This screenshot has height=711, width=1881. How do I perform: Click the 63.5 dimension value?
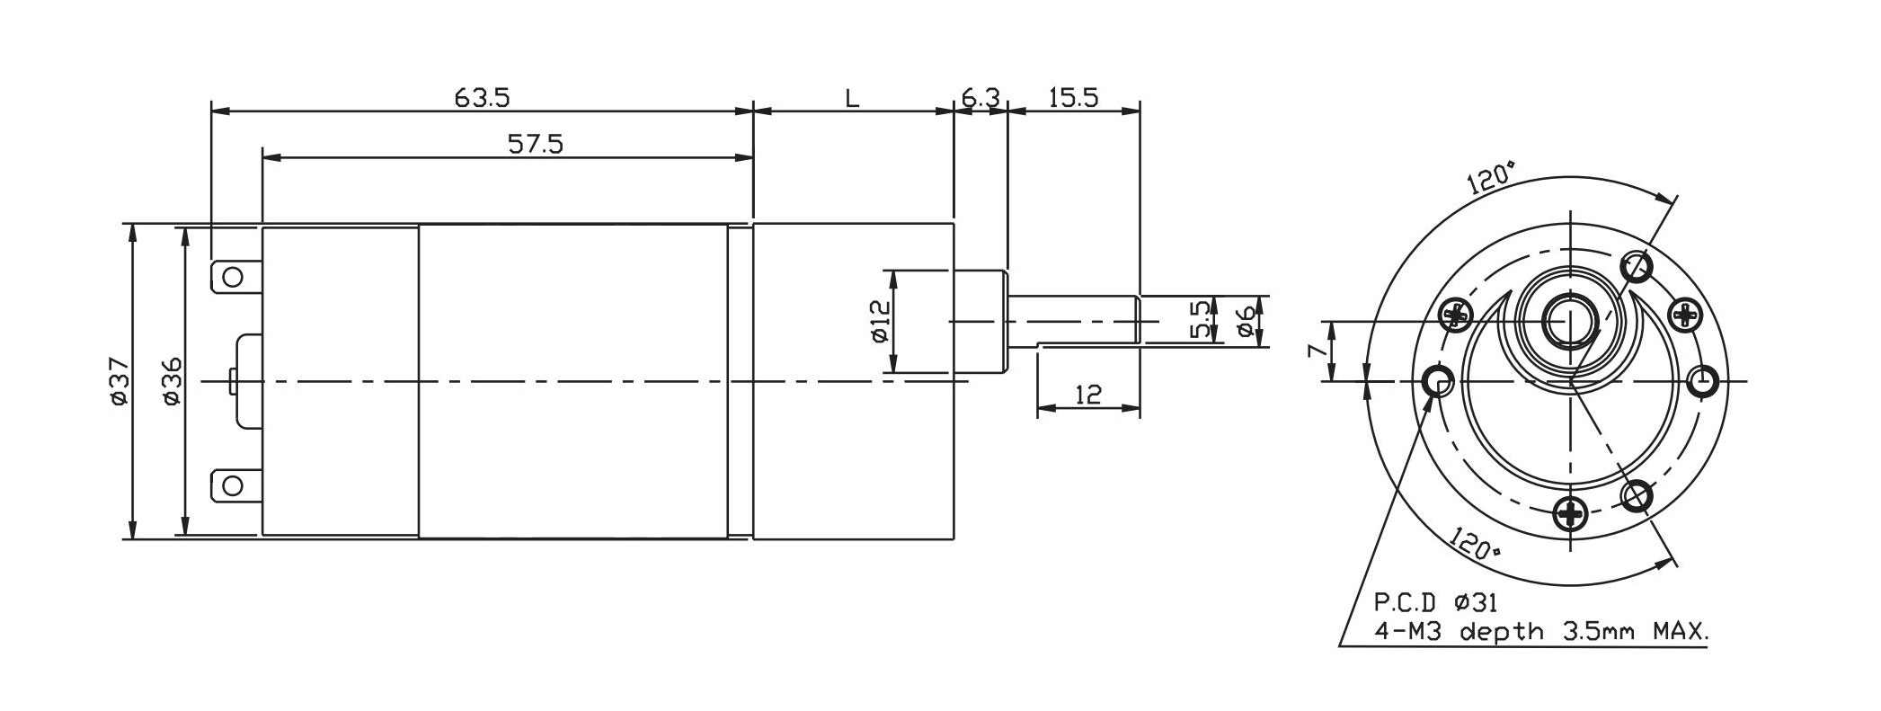tap(482, 97)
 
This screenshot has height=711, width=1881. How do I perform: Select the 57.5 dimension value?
tap(536, 144)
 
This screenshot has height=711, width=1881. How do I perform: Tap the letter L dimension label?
tap(852, 97)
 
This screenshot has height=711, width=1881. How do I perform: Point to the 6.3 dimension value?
tap(980, 97)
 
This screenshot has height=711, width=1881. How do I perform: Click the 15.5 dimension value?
tap(1073, 97)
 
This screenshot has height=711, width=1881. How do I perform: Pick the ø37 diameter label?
tap(120, 381)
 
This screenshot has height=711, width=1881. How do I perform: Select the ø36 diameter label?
tap(172, 381)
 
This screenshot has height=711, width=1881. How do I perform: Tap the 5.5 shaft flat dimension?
tap(1200, 320)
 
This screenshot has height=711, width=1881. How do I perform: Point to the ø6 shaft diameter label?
tap(1245, 320)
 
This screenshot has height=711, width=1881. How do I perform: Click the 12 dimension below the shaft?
tap(1087, 395)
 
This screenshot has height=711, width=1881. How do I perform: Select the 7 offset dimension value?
tap(1315, 351)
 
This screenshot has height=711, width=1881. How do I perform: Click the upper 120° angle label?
tap(1491, 179)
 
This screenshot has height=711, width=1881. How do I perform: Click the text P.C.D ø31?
tap(1435, 602)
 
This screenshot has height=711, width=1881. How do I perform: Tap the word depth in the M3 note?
tap(1509, 633)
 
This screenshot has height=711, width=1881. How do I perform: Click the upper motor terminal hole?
tap(233, 276)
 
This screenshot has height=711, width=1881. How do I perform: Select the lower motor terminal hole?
tap(233, 486)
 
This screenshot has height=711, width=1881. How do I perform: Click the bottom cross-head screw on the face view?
tap(1570, 514)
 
